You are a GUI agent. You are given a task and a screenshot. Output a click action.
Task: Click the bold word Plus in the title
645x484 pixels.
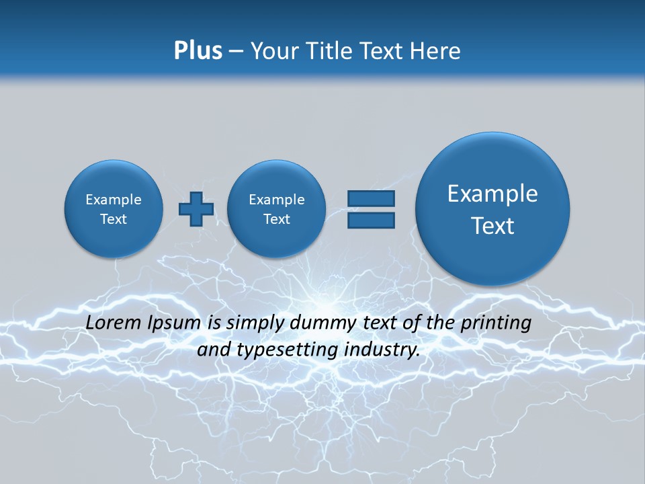point(198,51)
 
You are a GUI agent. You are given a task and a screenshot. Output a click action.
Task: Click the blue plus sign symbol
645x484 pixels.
point(196,209)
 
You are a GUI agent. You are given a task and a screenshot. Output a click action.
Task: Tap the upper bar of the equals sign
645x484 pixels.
point(371,198)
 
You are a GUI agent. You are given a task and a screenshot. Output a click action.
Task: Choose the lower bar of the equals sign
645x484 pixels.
point(371,220)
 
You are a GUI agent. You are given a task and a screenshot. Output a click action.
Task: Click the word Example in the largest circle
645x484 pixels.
point(492,194)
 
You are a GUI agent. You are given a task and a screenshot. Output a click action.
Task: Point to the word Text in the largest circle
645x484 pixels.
point(492,226)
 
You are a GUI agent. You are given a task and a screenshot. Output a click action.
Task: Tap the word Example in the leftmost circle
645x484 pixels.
point(114,200)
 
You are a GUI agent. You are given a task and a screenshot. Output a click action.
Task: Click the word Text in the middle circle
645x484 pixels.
point(276,219)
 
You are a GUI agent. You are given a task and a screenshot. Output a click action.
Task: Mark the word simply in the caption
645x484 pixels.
point(257,323)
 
